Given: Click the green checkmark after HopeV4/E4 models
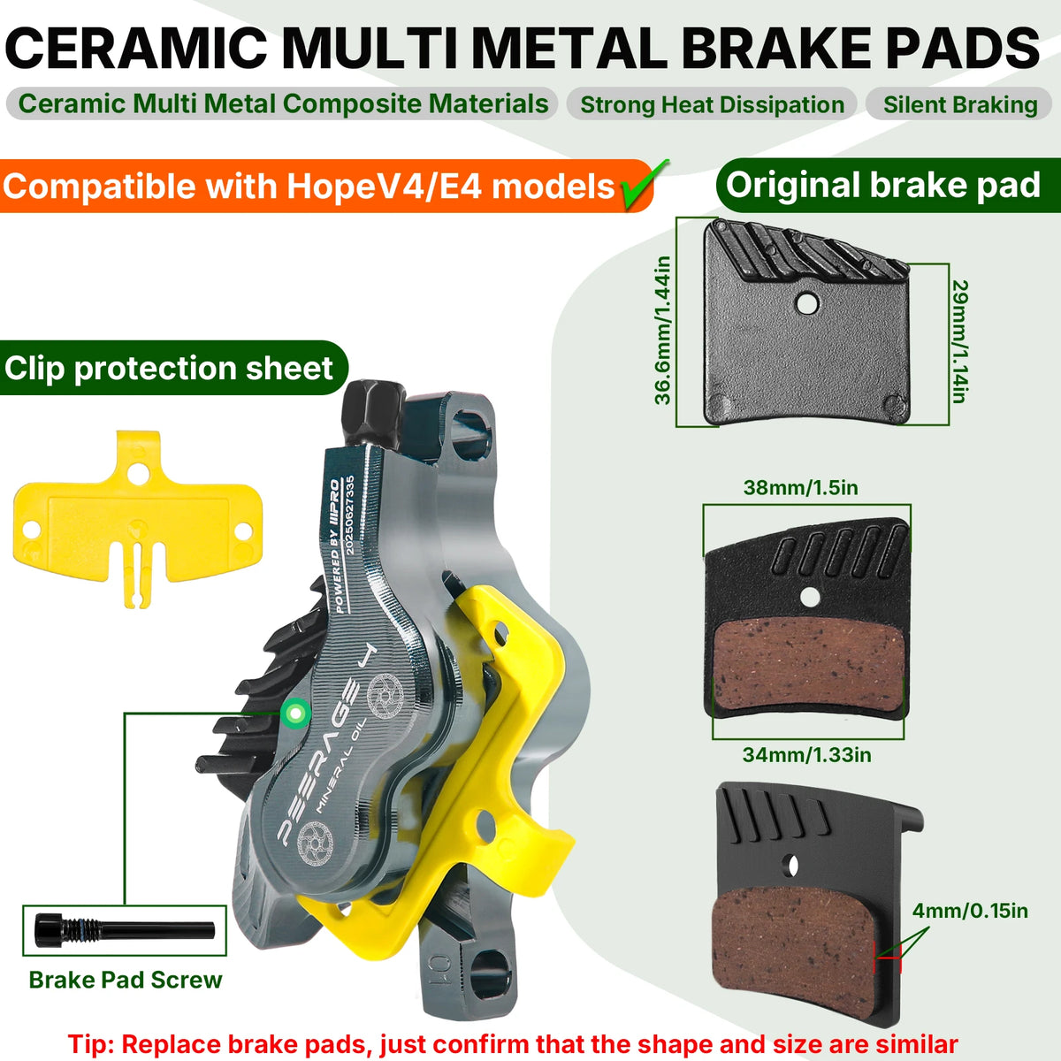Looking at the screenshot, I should tap(644, 184).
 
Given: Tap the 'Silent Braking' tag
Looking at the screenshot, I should tap(960, 104).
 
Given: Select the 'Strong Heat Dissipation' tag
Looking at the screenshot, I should tap(712, 104).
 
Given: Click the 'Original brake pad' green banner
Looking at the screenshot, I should tap(884, 186).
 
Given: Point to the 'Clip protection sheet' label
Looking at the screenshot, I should tap(169, 368).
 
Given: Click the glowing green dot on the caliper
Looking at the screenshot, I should tap(293, 712).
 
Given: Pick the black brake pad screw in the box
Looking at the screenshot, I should tap(124, 929).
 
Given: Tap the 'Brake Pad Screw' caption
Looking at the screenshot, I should tap(126, 980).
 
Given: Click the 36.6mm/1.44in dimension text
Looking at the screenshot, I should tap(663, 329).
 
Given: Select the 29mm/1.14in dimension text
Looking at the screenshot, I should tap(960, 340).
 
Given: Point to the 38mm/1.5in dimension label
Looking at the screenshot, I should tap(800, 487).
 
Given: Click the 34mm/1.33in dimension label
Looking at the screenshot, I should tap(806, 754).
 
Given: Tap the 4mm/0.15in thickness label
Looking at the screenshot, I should tap(970, 911).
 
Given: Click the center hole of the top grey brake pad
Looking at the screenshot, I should tap(806, 303).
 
